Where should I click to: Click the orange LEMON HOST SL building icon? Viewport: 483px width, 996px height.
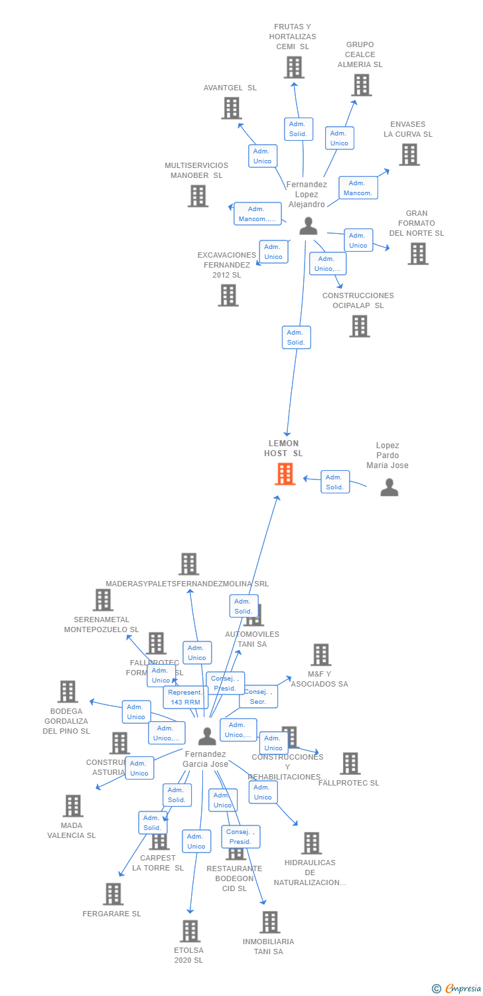pos(285,473)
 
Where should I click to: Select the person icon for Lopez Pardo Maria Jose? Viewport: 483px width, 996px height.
pos(389,487)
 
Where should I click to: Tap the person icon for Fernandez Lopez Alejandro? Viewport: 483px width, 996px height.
pos(308,226)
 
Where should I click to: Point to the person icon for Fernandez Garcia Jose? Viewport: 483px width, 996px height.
pos(207,736)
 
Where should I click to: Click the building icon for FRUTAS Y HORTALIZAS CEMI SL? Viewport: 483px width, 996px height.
pos(294,67)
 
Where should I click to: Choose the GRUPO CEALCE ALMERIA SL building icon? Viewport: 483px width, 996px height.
pos(361,85)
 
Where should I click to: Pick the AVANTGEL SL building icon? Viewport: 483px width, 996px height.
pos(231,108)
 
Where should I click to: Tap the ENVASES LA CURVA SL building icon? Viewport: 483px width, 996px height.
pos(409,155)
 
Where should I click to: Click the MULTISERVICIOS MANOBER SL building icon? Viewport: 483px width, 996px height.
pos(198,196)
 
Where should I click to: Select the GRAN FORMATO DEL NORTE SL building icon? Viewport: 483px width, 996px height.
pos(417,254)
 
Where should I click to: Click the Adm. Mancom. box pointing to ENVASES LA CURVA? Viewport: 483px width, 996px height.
pos(358,188)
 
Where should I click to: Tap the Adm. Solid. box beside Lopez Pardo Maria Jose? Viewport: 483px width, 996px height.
pos(335,481)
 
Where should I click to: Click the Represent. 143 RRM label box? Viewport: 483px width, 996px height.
pos(186,697)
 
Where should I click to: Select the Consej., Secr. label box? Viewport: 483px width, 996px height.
pos(258,697)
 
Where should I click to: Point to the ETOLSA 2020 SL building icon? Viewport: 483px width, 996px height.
pos(190,931)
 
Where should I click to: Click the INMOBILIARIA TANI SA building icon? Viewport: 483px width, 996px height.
pos(269,922)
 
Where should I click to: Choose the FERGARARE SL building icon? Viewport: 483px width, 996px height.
pos(113,894)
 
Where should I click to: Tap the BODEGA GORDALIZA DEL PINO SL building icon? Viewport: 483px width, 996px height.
pos(67,691)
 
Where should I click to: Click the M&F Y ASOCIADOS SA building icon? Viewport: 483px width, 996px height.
pos(320,655)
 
